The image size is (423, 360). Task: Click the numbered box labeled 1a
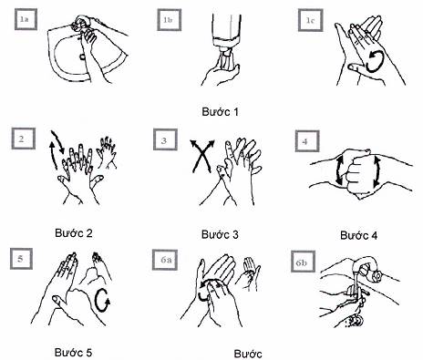(x=26, y=19)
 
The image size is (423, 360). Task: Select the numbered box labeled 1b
(x=169, y=20)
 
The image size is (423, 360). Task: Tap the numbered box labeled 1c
(x=310, y=20)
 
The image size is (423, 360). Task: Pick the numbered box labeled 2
(x=23, y=139)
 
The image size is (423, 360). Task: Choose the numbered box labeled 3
(x=165, y=139)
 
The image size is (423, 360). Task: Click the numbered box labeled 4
(x=307, y=141)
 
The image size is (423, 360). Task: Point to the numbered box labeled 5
(x=21, y=259)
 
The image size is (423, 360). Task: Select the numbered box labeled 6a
(x=165, y=260)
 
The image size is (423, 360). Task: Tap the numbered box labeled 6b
(x=303, y=262)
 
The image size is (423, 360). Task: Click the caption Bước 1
(x=220, y=112)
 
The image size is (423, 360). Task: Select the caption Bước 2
(x=74, y=233)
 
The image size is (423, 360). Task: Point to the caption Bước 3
(x=220, y=234)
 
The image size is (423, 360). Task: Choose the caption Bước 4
(x=359, y=235)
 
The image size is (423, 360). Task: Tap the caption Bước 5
(x=73, y=353)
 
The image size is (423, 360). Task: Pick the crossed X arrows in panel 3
(x=201, y=156)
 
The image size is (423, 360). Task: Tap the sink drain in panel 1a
(x=82, y=57)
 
